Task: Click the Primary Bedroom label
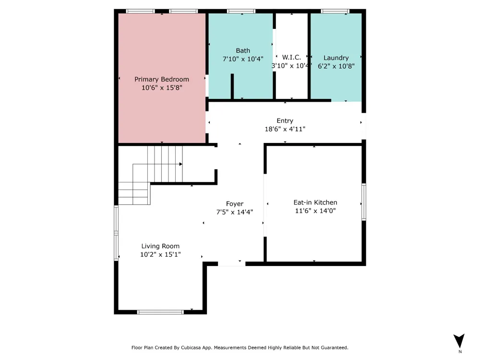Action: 162,79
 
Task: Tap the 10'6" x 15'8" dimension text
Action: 162,87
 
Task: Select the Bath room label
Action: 243,50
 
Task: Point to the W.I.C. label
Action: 291,57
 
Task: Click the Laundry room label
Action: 336,58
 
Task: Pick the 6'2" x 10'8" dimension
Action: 336,66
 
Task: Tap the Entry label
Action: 285,121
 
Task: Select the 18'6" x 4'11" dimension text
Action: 285,129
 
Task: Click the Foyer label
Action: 235,204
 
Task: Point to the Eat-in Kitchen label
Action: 315,203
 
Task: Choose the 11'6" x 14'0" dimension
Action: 315,211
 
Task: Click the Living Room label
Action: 160,246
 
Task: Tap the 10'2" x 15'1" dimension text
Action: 160,254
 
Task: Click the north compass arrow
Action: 459,341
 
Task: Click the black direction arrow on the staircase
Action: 180,164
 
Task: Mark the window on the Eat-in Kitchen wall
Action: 364,202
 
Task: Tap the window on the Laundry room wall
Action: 335,12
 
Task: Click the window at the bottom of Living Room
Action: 160,312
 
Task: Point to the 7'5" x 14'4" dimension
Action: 235,212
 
